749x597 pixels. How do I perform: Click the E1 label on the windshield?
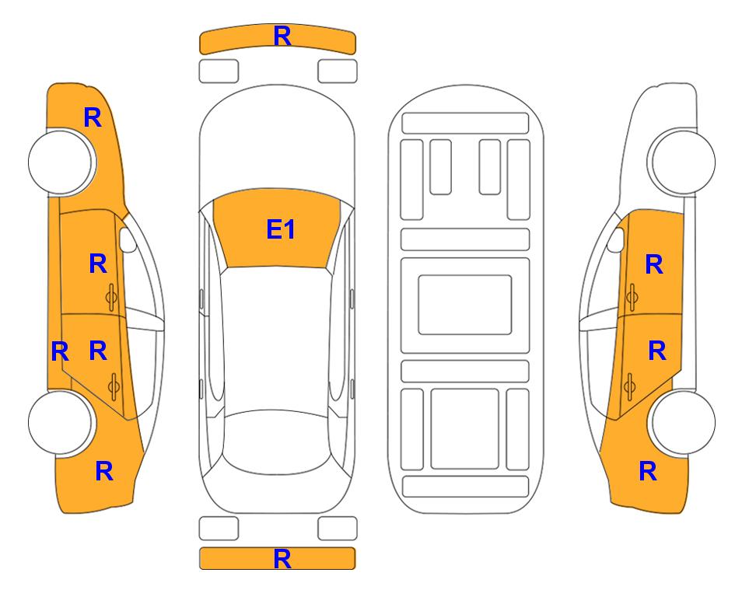[x=281, y=229]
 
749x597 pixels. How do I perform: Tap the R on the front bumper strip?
[x=282, y=36]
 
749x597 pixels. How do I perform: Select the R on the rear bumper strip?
[x=282, y=559]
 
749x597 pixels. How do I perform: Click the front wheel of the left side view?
[x=60, y=162]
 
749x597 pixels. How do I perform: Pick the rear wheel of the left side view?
[x=60, y=422]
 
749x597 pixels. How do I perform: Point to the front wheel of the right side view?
[x=683, y=162]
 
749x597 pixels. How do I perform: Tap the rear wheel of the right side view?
[x=683, y=422]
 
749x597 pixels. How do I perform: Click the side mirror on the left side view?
[x=128, y=239]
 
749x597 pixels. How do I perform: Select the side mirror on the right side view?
[x=616, y=239]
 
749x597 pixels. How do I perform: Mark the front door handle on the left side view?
[x=112, y=298]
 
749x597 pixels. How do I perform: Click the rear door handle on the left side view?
[x=114, y=386]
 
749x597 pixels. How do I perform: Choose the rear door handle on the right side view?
[x=629, y=386]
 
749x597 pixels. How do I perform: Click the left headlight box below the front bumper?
[x=219, y=72]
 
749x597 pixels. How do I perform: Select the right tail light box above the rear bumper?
[x=338, y=529]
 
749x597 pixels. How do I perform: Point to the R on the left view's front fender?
[x=93, y=117]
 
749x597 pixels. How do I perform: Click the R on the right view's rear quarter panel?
[x=648, y=471]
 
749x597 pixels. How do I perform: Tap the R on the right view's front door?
[x=654, y=264]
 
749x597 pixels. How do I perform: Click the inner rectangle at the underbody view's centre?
[x=465, y=305]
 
